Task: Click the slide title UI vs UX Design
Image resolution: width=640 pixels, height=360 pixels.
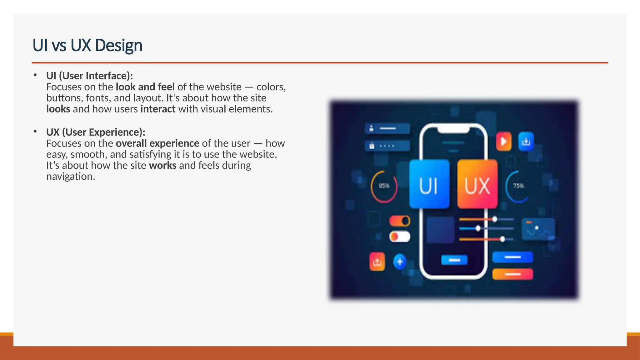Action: click(87, 45)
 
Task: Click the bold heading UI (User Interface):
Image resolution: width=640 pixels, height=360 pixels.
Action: click(89, 76)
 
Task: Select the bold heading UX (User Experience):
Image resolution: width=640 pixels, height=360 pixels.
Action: click(96, 132)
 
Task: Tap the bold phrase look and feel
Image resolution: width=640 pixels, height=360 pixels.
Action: click(145, 87)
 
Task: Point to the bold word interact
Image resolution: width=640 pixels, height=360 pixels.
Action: click(158, 109)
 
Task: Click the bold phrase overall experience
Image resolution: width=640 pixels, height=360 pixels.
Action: click(157, 143)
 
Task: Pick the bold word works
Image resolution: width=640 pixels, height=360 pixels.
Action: click(162, 165)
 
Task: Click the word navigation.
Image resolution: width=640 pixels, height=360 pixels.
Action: click(71, 177)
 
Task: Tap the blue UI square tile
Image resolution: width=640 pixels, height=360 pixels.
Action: click(429, 184)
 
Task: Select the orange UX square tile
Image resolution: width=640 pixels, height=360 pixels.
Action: click(477, 184)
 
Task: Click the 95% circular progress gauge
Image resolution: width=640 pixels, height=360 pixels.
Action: click(384, 186)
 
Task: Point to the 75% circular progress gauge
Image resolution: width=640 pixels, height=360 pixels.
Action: click(518, 186)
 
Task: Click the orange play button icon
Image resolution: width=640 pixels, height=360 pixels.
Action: click(504, 142)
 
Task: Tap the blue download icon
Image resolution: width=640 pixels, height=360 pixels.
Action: click(526, 142)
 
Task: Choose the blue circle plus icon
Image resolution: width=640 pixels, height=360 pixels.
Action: click(400, 262)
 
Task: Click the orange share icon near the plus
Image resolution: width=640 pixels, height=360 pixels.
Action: click(377, 262)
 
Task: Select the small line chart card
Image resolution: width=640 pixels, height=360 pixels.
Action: click(538, 229)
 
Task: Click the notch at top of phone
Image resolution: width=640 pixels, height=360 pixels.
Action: click(453, 129)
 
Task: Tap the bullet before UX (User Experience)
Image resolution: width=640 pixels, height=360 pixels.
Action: click(35, 132)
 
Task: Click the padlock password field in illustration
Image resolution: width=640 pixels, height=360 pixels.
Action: click(387, 146)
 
